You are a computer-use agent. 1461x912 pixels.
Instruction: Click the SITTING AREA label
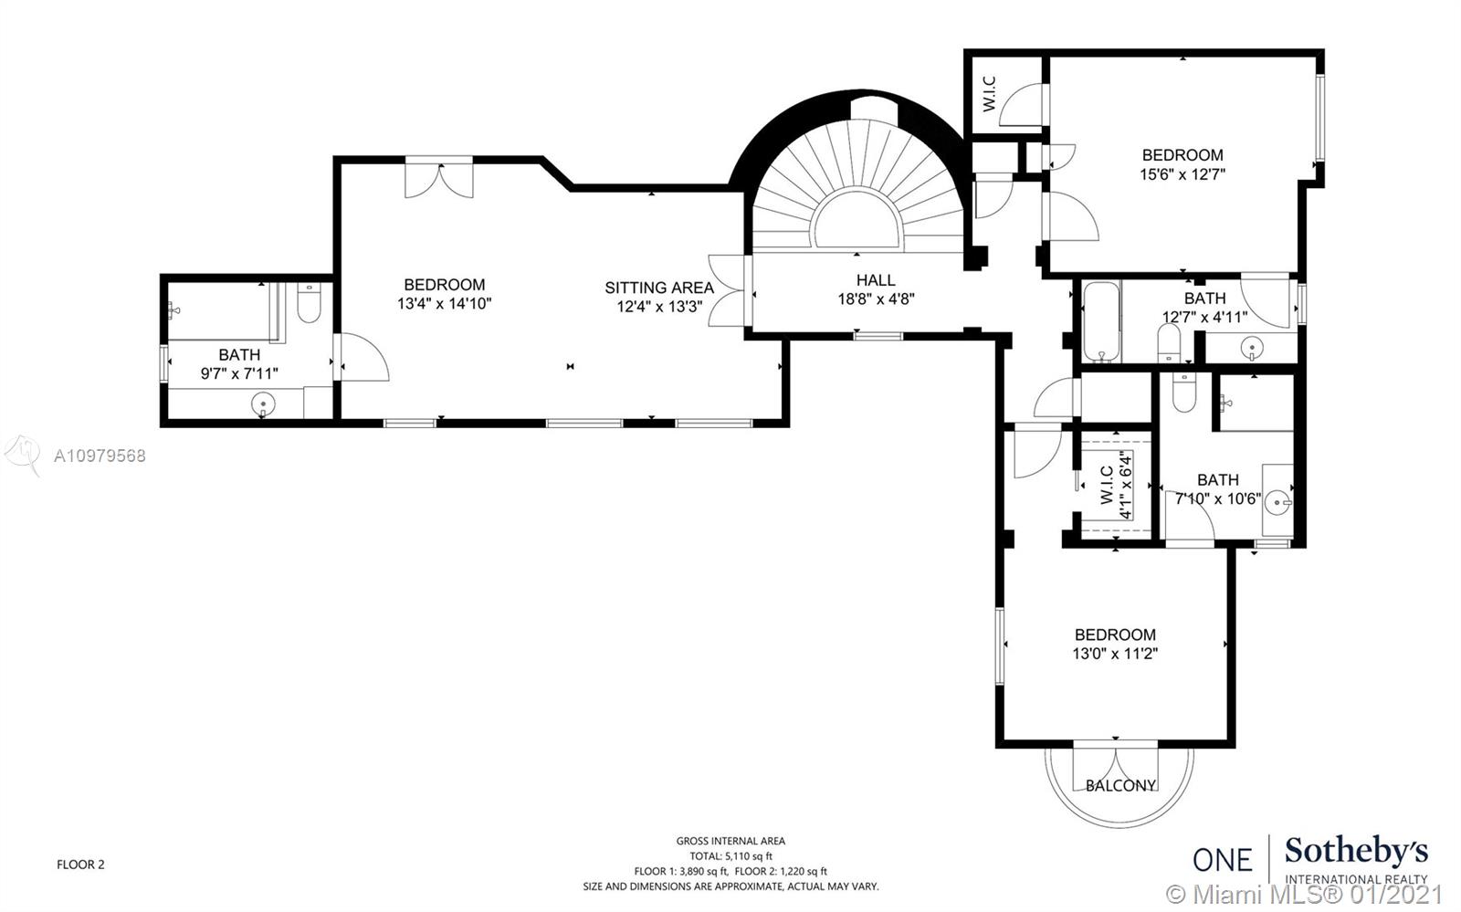pos(658,288)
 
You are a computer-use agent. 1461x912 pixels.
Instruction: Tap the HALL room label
pos(876,280)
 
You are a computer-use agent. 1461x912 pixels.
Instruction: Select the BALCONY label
pos(1120,785)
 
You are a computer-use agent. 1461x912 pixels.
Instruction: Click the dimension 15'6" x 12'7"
pos(1182,174)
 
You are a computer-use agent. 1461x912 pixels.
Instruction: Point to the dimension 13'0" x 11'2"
pos(1115,654)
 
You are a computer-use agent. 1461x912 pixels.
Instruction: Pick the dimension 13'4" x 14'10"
pos(444,304)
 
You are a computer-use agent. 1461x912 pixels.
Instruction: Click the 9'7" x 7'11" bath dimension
pos(239,373)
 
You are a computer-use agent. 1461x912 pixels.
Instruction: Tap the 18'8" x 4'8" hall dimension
pos(876,299)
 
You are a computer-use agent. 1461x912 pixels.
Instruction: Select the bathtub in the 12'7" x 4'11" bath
pos(1101,321)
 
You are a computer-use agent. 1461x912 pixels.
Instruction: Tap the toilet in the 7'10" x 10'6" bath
pos(1183,393)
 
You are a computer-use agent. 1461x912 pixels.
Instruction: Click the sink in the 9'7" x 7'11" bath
pos(263,405)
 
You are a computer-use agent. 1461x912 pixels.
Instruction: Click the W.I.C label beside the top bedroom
pos(989,94)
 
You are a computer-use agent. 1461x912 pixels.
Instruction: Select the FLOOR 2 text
pos(80,865)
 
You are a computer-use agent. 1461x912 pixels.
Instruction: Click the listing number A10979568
pos(100,456)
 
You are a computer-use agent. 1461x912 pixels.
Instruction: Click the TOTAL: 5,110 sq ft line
pos(730,856)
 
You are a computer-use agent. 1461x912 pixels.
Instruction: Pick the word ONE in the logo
pos(1223,860)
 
